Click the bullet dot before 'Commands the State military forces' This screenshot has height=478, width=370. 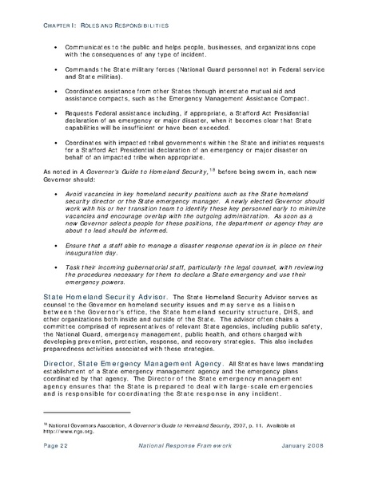[x=54, y=74]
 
